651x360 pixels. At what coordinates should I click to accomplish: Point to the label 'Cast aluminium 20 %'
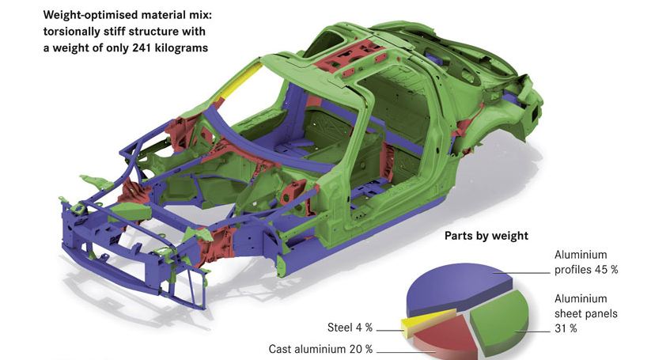click(x=320, y=349)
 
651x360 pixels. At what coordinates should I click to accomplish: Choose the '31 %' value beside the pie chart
click(x=566, y=328)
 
